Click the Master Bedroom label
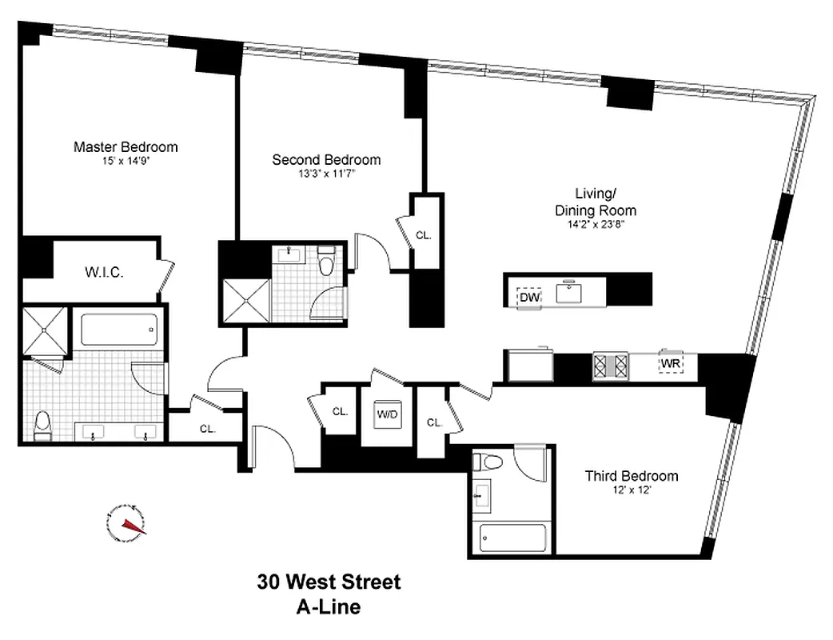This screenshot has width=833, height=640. tap(126, 147)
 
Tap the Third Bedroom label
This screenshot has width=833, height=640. tap(631, 476)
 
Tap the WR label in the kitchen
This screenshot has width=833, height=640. tap(669, 364)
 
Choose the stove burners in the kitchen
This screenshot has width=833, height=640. tap(611, 366)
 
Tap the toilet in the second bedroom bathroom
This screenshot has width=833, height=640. tap(325, 263)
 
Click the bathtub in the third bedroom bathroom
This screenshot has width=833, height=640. tap(512, 538)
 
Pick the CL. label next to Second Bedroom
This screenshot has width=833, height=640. tap(424, 235)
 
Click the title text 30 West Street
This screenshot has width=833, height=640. tap(329, 582)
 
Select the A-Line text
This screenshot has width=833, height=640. tap(328, 606)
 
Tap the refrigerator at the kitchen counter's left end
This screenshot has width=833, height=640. tap(528, 366)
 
